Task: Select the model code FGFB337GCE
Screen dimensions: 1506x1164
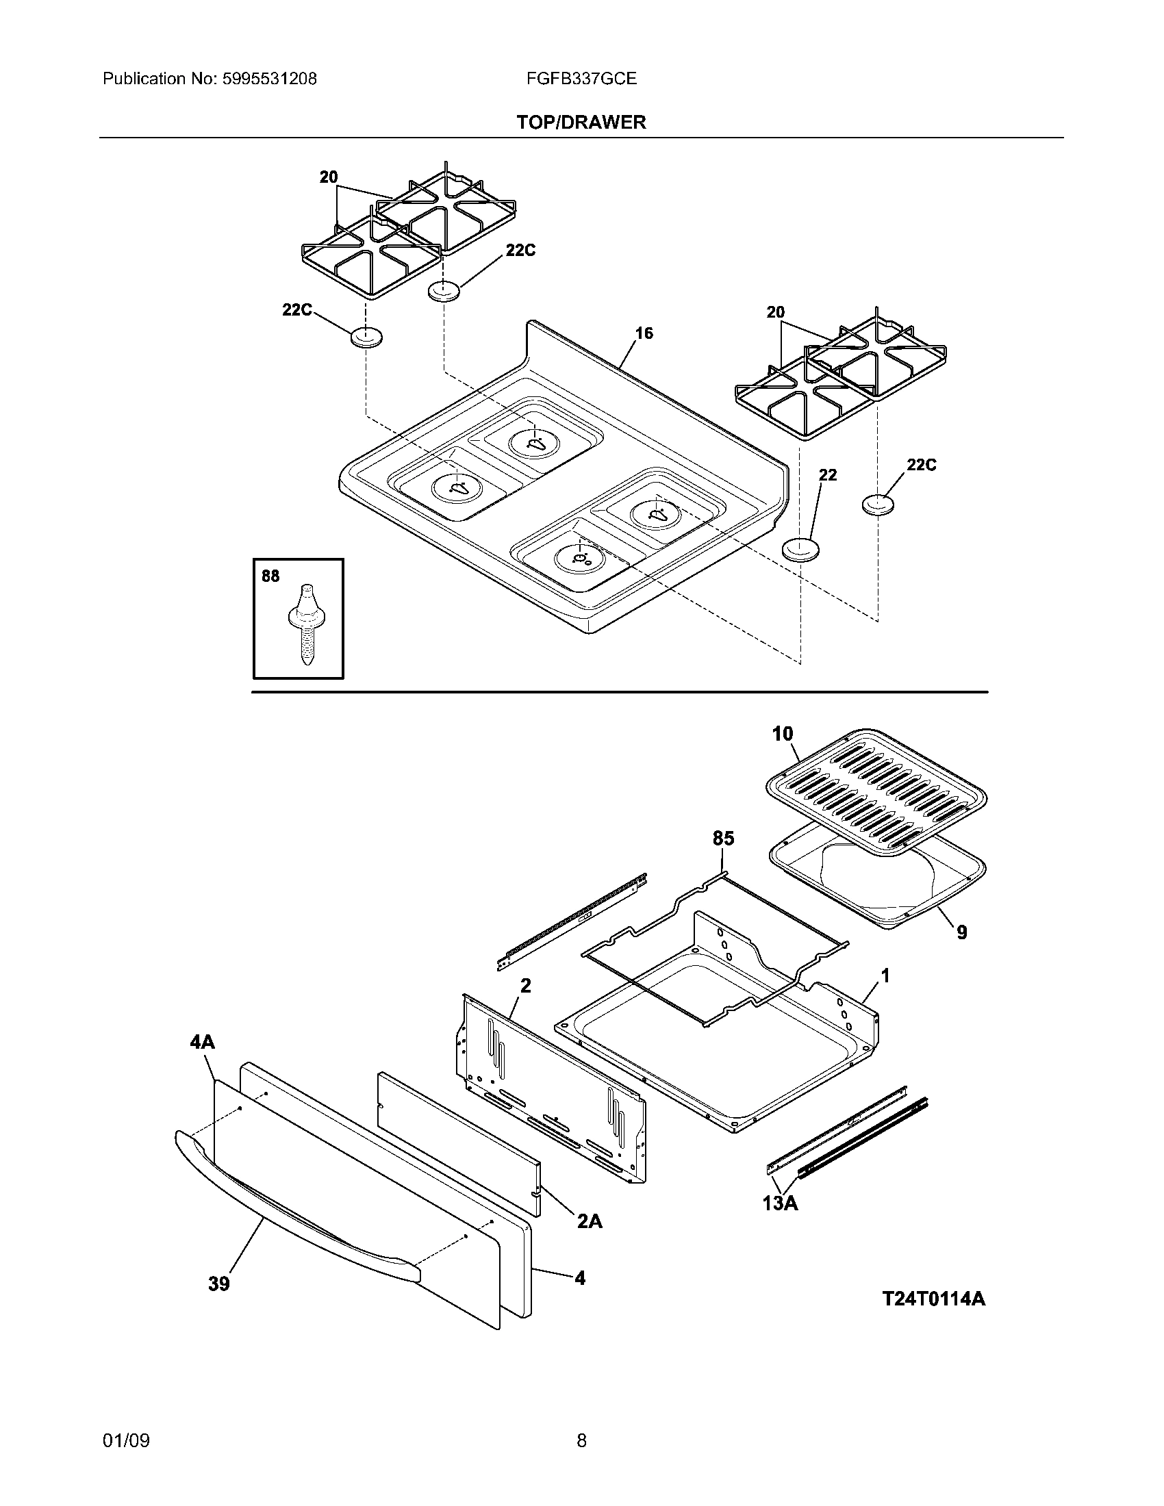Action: tap(581, 79)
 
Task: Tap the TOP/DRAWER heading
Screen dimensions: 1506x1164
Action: tap(581, 123)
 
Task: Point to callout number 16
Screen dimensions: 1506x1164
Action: tap(644, 334)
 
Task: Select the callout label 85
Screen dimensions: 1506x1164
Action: tap(723, 839)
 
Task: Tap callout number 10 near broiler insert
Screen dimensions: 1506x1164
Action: tap(783, 735)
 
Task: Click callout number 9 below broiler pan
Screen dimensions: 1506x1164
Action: tap(961, 933)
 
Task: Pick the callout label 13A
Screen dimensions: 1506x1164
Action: tap(780, 1203)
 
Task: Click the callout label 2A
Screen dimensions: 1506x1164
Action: tap(590, 1221)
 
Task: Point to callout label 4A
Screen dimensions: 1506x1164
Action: tap(202, 1042)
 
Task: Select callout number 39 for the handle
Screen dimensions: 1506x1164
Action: tap(218, 1284)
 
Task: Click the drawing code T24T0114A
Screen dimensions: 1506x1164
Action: tap(934, 1299)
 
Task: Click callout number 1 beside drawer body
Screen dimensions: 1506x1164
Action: tap(885, 975)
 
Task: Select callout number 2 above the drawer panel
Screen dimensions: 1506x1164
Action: tap(525, 986)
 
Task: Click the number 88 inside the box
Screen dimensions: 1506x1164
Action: tap(270, 576)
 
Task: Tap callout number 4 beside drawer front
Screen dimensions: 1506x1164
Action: tap(580, 1279)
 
